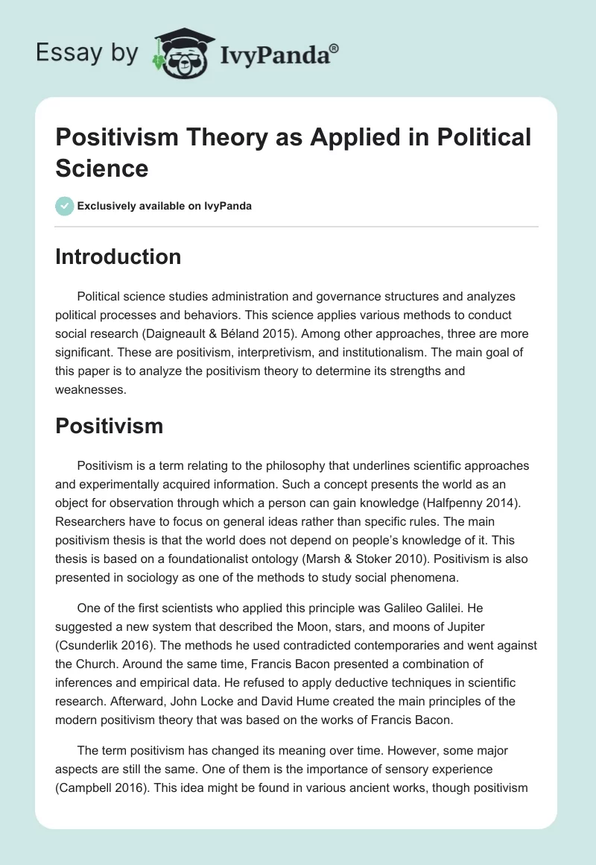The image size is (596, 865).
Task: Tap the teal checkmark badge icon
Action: (65, 206)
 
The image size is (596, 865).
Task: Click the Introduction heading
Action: (118, 257)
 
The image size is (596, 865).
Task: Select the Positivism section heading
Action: (110, 426)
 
